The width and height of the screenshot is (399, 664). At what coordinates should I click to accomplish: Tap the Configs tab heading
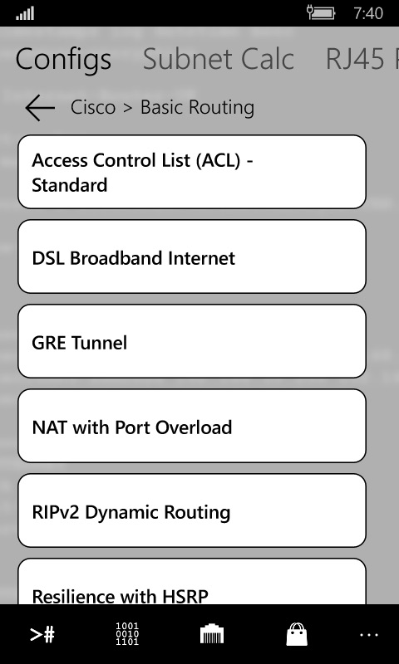(64, 60)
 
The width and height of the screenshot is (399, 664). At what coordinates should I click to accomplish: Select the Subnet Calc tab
(219, 59)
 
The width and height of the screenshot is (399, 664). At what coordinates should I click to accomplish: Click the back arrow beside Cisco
(40, 108)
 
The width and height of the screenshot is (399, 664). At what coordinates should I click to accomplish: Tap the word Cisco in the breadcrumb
(93, 107)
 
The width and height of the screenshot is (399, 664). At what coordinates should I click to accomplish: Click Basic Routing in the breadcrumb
(197, 108)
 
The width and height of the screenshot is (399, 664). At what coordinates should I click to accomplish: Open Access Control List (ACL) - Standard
(192, 172)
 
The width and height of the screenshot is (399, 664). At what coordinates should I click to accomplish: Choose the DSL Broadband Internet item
(192, 256)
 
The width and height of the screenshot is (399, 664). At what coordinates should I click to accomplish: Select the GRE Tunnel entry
(192, 341)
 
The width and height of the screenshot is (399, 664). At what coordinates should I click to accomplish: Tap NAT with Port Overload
(192, 426)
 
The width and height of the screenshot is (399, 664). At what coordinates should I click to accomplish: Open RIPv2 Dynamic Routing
(192, 510)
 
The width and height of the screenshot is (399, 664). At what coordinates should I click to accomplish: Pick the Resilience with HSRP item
(192, 582)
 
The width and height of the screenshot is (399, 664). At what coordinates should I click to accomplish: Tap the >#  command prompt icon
(42, 634)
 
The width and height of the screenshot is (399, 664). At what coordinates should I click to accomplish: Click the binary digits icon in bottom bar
(127, 633)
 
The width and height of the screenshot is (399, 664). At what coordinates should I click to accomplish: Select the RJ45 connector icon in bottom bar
(212, 634)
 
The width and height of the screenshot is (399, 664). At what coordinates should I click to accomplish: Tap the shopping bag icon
(297, 634)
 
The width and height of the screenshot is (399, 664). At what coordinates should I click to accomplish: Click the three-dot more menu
(369, 635)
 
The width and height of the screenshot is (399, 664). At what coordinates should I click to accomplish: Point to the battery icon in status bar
(321, 12)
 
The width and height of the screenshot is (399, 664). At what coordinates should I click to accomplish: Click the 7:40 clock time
(368, 13)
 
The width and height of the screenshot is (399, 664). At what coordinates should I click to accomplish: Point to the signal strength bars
(25, 13)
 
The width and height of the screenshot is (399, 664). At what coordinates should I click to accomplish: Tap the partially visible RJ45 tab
(362, 59)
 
